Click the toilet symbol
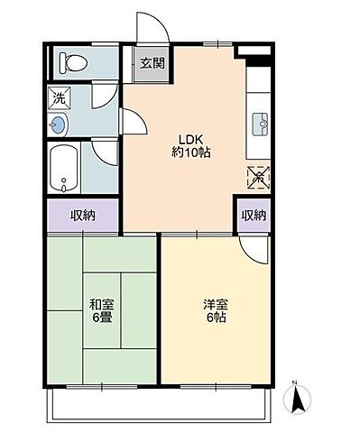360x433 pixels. (73, 62)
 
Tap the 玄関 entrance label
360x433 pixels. (152, 63)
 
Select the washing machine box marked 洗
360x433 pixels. (60, 97)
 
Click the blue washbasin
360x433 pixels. (58, 124)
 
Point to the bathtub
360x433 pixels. (64, 168)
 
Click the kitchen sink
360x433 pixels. (260, 124)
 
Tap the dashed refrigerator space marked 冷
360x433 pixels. (258, 178)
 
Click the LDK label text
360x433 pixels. (191, 140)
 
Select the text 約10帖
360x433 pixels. (191, 152)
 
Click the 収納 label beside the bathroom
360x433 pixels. (83, 216)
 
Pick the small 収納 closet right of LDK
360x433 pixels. (254, 216)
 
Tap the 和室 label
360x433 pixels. (102, 305)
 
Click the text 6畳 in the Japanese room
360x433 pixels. (102, 318)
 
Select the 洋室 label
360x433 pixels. (216, 305)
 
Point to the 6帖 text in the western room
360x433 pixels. (216, 318)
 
